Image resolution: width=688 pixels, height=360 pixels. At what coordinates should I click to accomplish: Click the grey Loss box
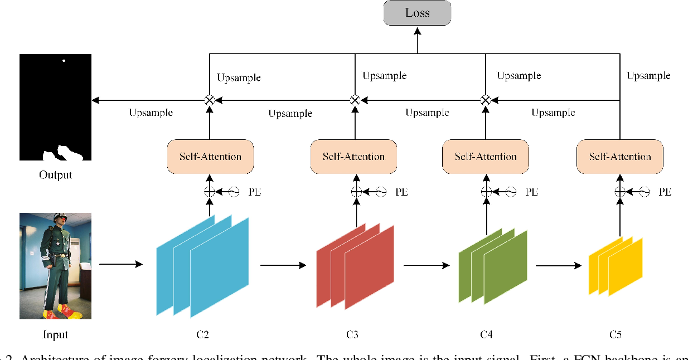417,13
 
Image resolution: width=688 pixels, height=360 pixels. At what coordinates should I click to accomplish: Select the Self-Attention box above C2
210,157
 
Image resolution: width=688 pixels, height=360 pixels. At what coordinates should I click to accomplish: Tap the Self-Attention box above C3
353,157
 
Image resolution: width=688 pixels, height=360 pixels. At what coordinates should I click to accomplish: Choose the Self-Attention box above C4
486,157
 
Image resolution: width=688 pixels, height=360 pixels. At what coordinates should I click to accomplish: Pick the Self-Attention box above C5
620,157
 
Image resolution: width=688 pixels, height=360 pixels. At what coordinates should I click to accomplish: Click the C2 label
202,335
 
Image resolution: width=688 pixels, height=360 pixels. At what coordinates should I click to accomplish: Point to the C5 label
615,335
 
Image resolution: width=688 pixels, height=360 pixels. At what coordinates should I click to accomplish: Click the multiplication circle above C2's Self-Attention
210,100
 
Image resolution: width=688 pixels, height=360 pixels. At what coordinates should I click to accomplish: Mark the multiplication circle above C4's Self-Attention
486,100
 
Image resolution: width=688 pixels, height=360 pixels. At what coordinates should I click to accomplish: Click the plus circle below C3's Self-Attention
356,192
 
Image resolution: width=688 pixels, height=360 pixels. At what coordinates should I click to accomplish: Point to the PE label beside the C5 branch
665,192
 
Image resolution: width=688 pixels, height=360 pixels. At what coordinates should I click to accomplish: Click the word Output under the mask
55,175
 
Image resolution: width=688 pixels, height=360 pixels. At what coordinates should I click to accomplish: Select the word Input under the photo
55,335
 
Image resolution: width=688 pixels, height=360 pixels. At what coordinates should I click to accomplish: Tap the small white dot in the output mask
64,60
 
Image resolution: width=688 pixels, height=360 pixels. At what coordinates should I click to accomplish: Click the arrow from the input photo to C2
120,264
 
